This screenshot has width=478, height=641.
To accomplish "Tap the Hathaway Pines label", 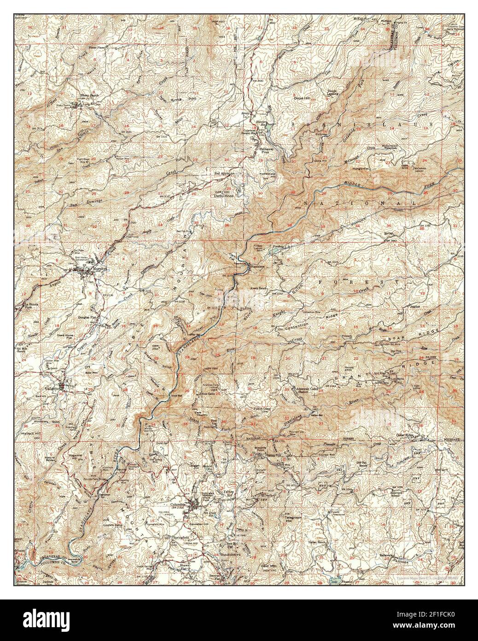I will tap(265, 150).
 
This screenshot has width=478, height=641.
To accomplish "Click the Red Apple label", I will tap(222, 173).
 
